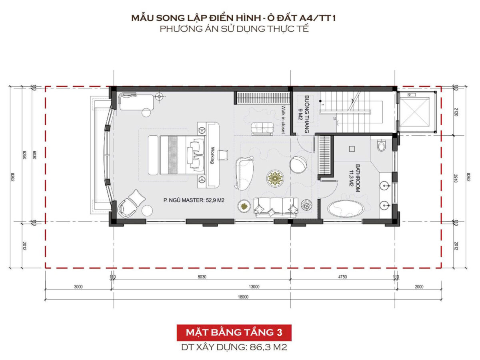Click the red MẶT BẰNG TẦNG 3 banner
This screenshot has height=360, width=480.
coord(234,332)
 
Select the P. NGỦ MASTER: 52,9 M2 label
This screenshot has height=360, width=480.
coord(194,200)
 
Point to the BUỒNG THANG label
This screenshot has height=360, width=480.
coord(306,114)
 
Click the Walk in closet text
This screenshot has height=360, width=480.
coord(284,120)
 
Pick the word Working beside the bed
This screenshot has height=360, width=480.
coord(212,155)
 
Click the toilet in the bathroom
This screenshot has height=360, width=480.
coord(382,146)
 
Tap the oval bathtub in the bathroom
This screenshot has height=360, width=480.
coord(346,209)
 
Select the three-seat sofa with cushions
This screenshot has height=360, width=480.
coord(276,207)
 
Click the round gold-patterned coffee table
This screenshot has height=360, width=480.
coord(275,178)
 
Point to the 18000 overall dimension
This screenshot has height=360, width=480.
coord(243,297)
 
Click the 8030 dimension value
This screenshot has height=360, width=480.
coord(202,277)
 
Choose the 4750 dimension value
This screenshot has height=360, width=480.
coord(342,277)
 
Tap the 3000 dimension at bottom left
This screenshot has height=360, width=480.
coord(78,287)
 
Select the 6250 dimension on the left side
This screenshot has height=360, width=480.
coord(24,155)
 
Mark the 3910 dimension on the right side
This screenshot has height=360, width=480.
coord(456,178)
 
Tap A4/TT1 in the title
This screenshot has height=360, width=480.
coord(317,18)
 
